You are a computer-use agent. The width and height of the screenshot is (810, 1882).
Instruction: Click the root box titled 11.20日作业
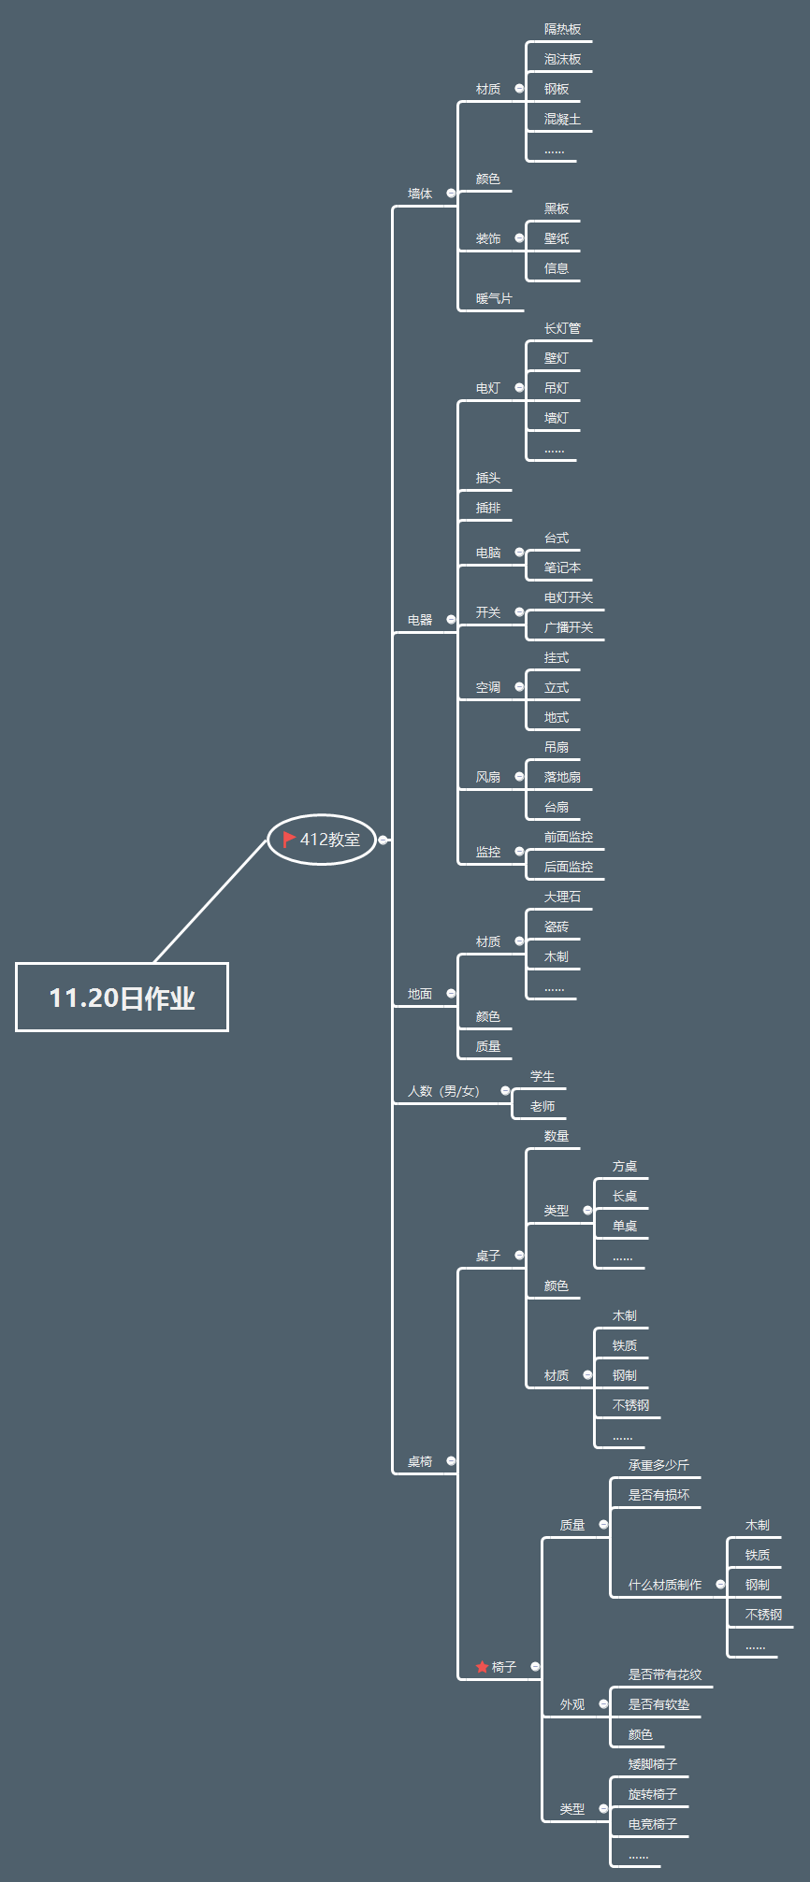[x=122, y=998]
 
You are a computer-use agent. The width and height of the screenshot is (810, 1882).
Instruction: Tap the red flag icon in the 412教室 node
[x=289, y=840]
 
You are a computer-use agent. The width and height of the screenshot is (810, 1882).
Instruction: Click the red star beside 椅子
[x=482, y=1667]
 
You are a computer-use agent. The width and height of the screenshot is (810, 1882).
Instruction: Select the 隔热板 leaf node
[x=562, y=30]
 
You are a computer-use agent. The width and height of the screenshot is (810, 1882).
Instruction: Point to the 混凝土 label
[x=562, y=120]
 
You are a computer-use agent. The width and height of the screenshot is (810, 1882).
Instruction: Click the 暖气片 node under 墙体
[x=494, y=299]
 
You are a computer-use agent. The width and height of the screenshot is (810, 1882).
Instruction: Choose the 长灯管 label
[x=562, y=329]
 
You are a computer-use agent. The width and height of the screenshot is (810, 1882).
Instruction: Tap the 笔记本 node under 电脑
[x=562, y=568]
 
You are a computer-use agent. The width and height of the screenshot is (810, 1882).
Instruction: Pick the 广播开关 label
[x=569, y=628]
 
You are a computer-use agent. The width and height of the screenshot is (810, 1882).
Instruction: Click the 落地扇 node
[x=562, y=778]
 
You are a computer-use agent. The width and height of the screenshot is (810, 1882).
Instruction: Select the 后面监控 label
[x=569, y=868]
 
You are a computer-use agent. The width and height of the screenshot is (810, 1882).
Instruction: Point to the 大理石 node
[x=562, y=898]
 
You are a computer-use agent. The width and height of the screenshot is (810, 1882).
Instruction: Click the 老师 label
[x=542, y=1107]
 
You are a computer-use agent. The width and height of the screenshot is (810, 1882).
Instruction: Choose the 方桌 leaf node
[x=625, y=1167]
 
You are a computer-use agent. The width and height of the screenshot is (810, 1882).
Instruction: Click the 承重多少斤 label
[x=658, y=1466]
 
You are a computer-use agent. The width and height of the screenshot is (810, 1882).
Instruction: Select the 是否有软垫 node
[x=658, y=1705]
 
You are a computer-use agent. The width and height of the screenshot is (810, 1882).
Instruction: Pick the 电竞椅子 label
[x=653, y=1825]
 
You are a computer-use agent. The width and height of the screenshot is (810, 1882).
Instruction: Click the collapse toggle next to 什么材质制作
[x=720, y=1585]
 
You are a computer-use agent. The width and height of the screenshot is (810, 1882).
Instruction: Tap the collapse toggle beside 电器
[x=451, y=620]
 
